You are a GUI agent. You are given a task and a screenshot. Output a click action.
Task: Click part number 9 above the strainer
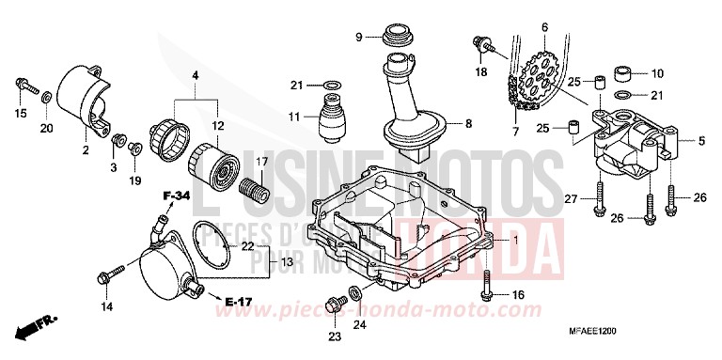(358, 37)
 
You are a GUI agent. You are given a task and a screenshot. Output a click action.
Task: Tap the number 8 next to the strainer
(466, 123)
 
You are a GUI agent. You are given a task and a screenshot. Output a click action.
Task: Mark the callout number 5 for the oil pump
(700, 141)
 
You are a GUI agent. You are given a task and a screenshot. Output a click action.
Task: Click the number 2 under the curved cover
(85, 149)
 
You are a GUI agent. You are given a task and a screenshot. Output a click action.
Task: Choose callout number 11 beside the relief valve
(294, 117)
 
